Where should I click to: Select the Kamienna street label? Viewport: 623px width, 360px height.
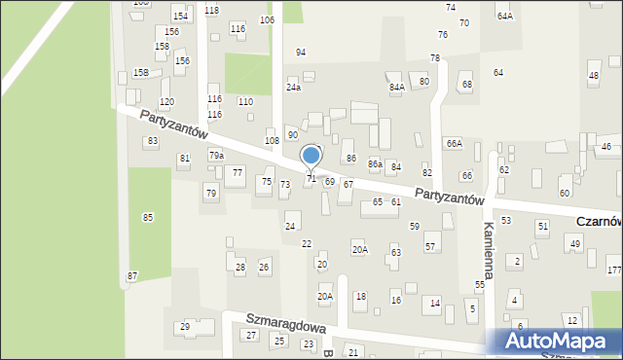pos(489,251)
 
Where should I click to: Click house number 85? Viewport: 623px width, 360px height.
pos(147,217)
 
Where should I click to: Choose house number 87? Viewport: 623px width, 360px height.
pos(132,276)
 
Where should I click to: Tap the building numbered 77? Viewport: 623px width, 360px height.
pos(237,173)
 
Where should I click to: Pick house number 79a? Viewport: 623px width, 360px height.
pos(216,155)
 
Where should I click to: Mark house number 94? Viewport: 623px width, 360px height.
pos(301,53)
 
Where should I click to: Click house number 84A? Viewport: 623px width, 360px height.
pos(397,88)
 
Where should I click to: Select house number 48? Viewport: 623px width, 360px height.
pos(594,76)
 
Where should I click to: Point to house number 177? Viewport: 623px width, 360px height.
pos(613,270)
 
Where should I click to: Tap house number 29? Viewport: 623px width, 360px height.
pos(185,327)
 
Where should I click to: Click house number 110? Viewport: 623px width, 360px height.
pos(245,101)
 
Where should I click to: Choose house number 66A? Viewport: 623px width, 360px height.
pos(454,143)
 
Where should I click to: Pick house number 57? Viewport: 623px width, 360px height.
pos(429,246)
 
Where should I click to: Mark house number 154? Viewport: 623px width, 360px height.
pos(179,17)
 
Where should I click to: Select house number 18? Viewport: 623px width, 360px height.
pos(360,296)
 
